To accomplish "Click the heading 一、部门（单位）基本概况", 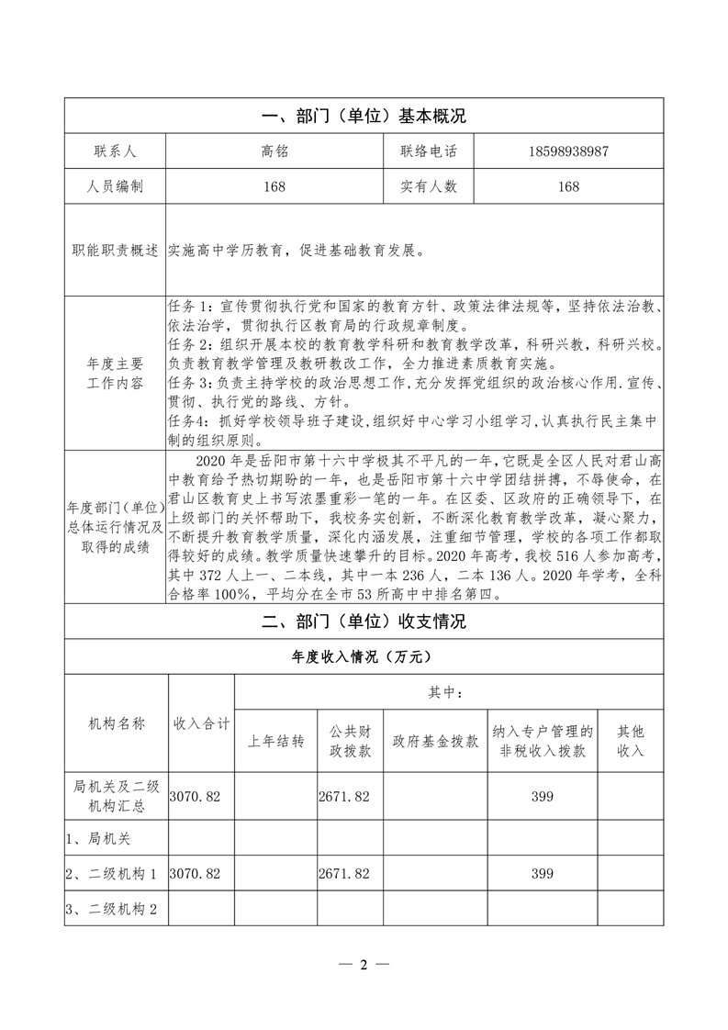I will pos(364,117).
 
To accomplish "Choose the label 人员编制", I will pos(114,186).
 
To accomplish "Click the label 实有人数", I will pos(428,186).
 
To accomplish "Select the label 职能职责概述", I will pos(115,251).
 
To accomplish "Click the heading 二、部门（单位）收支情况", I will pos(364,621).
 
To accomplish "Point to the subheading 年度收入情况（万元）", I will pos(364,657).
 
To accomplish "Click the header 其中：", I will pos(448,692).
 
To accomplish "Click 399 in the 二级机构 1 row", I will pos(542,872).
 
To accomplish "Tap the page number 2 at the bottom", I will pos(364,965).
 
